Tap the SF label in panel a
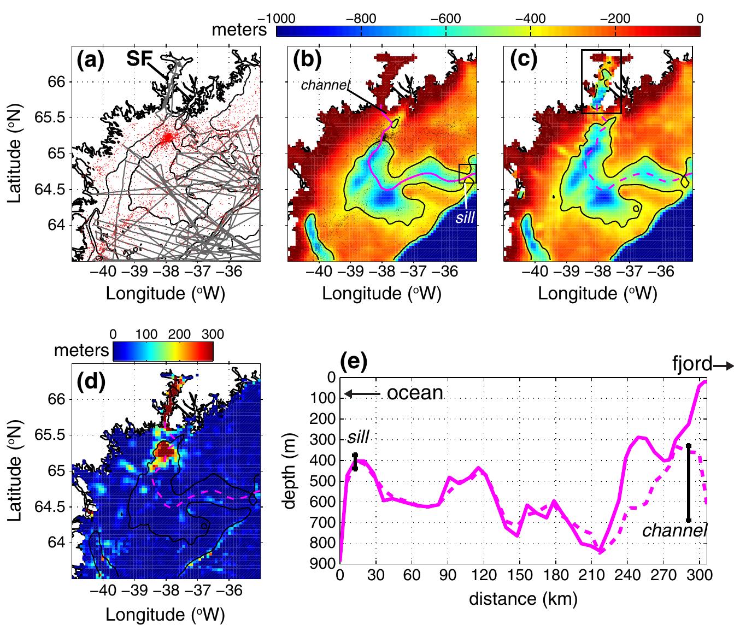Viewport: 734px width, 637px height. [x=140, y=59]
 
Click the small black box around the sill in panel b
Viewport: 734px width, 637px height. [x=467, y=173]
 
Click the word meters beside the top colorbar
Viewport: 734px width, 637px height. [x=239, y=31]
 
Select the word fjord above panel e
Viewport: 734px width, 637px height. [x=692, y=363]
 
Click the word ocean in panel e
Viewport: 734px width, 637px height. [x=415, y=392]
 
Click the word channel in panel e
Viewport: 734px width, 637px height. [x=672, y=530]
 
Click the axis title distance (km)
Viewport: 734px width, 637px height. [x=523, y=599]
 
